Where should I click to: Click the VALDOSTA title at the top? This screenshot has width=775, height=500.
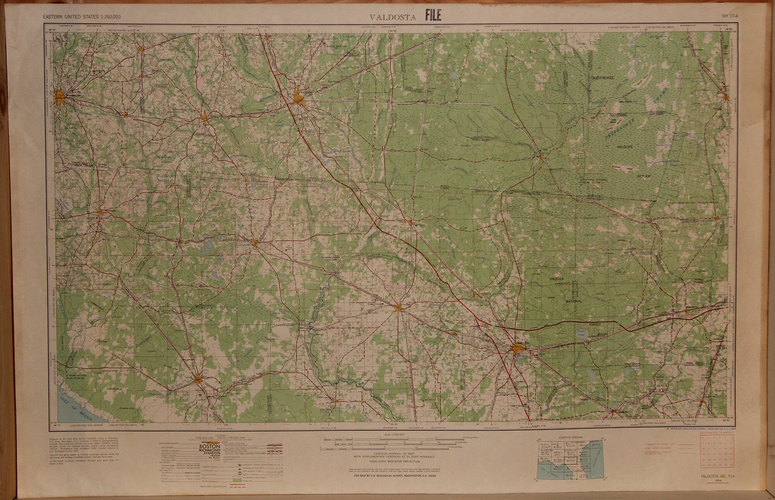pos(393,17)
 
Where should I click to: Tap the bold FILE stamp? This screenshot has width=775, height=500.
pos(433,16)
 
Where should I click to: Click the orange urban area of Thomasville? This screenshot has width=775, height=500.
pos(61,97)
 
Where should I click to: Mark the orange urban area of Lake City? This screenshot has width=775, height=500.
pos(518,349)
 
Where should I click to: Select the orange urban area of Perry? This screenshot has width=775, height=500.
pos(199,378)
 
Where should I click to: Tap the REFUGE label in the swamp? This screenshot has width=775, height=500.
pos(644,176)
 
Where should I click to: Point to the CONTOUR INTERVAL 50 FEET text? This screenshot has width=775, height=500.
pos(393,453)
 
